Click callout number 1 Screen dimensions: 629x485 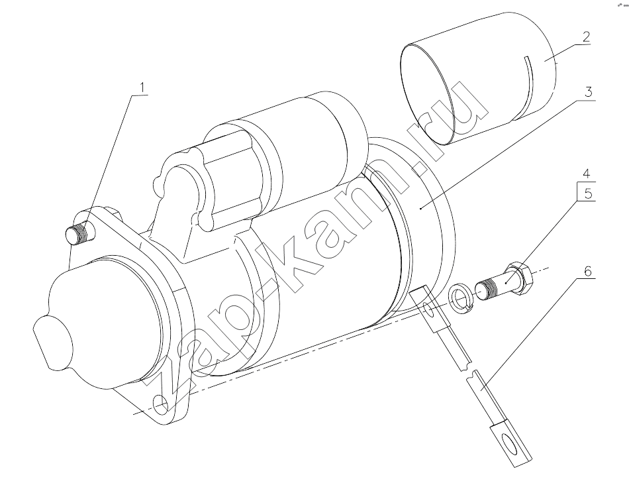pyautogui.click(x=143, y=87)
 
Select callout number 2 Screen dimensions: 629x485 pyautogui.click(x=586, y=37)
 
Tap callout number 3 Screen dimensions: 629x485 pyautogui.click(x=588, y=92)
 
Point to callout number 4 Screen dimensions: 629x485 pyautogui.click(x=586, y=174)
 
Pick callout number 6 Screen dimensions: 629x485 pyautogui.click(x=587, y=272)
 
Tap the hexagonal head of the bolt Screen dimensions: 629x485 pyautogui.click(x=520, y=278)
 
